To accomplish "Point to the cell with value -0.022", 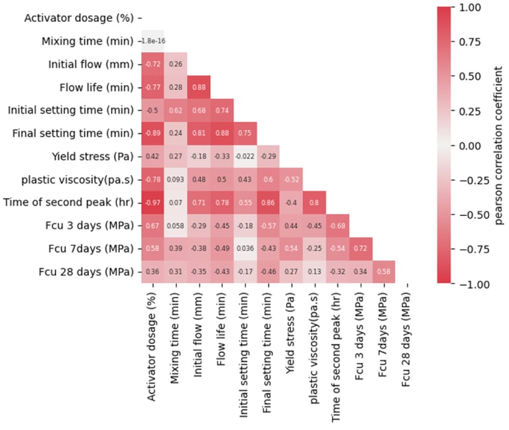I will pos(245,156).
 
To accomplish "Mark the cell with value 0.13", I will pos(314,271).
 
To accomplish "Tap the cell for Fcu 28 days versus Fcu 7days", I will pos(383,271).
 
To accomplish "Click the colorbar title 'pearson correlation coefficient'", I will pos(498,145).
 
